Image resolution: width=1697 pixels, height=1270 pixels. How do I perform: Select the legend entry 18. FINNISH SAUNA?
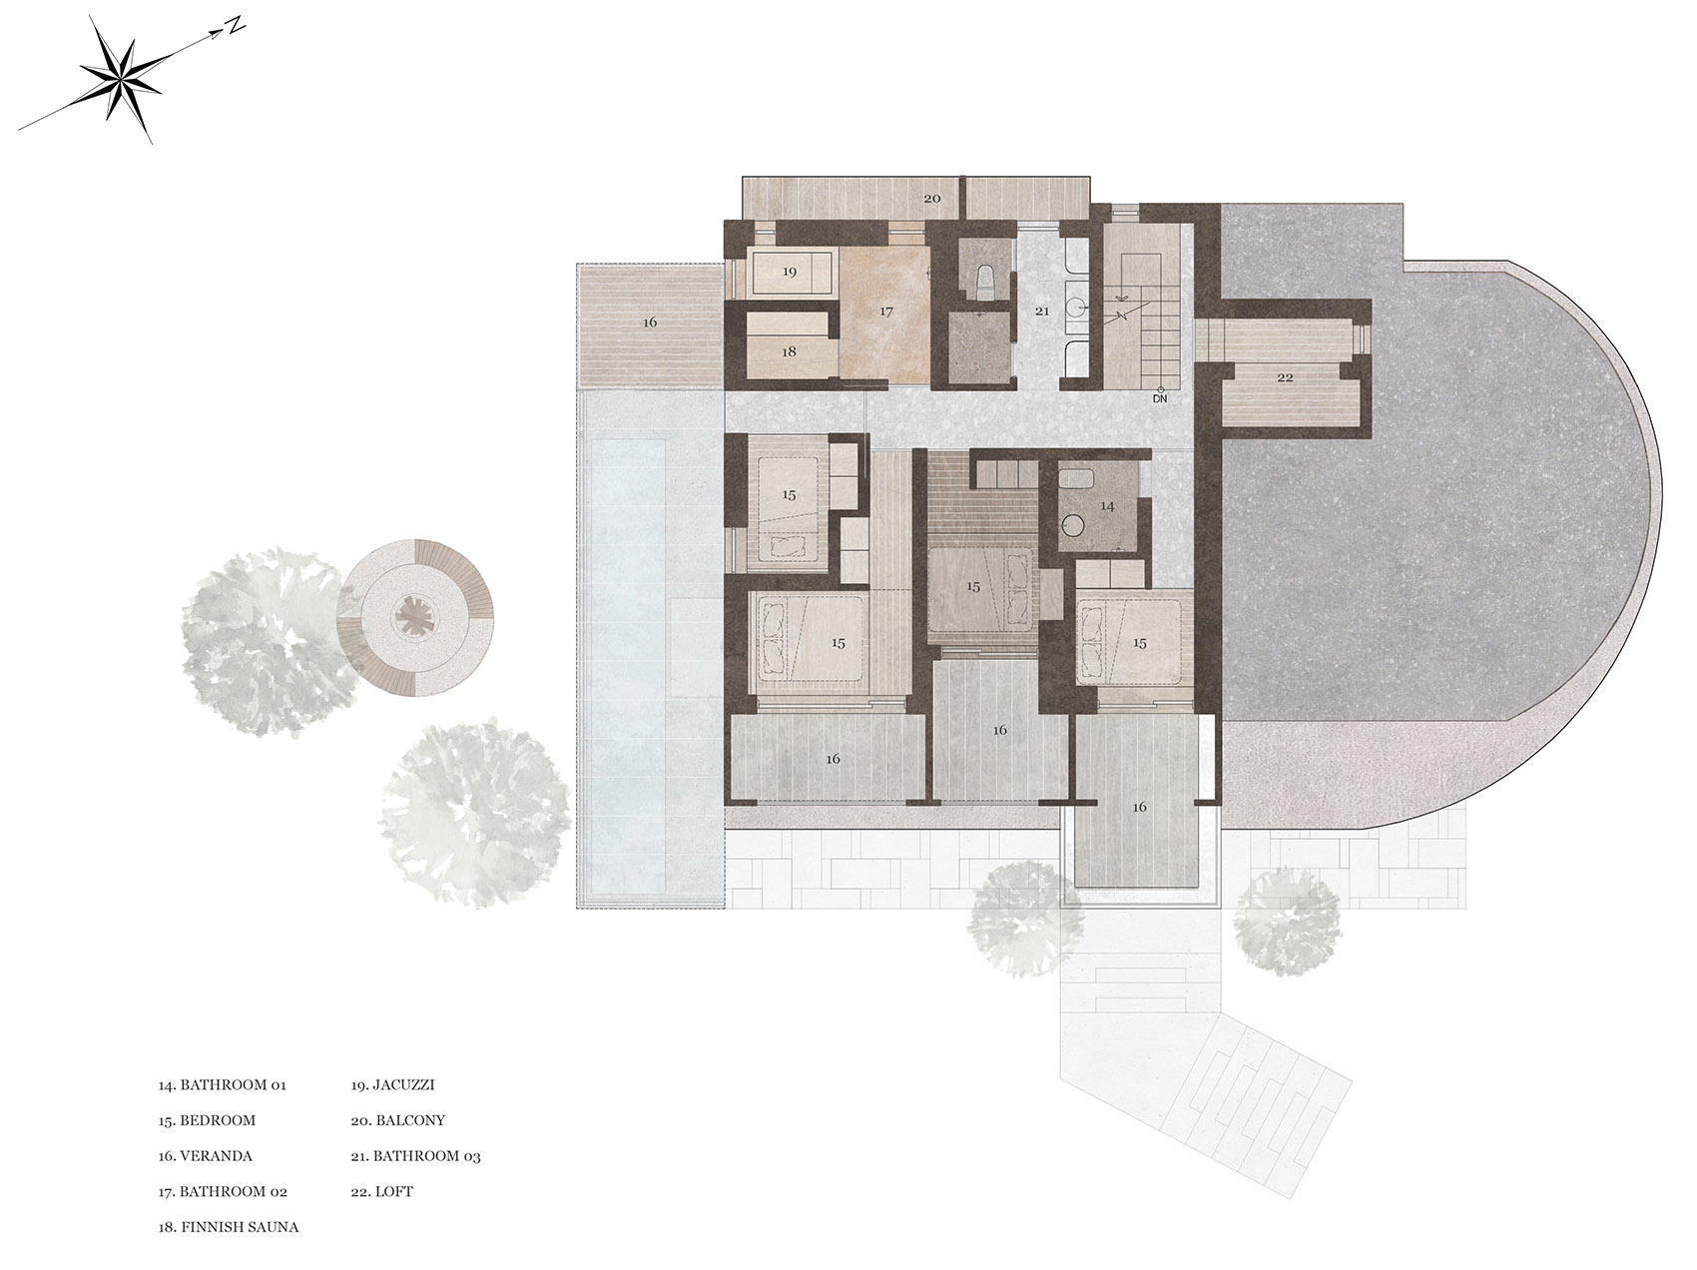pyautogui.click(x=228, y=1227)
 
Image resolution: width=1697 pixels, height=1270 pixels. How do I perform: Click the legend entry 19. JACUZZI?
pyautogui.click(x=392, y=1084)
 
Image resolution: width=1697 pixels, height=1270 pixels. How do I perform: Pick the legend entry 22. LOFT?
pyautogui.click(x=381, y=1192)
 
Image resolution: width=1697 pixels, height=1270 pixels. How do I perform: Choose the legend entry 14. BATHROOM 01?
pyautogui.click(x=222, y=1084)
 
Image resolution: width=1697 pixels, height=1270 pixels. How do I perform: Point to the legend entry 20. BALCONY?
pyautogui.click(x=397, y=1120)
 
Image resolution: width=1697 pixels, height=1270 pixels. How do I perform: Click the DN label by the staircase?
pyautogui.click(x=1159, y=398)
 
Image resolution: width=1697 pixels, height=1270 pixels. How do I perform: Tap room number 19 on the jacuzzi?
pyautogui.click(x=789, y=272)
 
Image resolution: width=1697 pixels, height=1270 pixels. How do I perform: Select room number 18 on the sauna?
pyautogui.click(x=789, y=351)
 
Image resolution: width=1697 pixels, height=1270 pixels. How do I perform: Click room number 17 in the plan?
pyautogui.click(x=885, y=312)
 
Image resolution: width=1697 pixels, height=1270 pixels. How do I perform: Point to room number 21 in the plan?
pyautogui.click(x=1042, y=312)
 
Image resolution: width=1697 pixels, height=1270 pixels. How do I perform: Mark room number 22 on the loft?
pyautogui.click(x=1285, y=376)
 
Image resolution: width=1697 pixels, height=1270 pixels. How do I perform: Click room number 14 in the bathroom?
pyautogui.click(x=1107, y=506)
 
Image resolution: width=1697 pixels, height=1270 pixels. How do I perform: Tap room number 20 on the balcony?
pyautogui.click(x=931, y=199)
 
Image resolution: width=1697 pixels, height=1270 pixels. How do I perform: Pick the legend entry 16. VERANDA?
pyautogui.click(x=205, y=1156)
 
